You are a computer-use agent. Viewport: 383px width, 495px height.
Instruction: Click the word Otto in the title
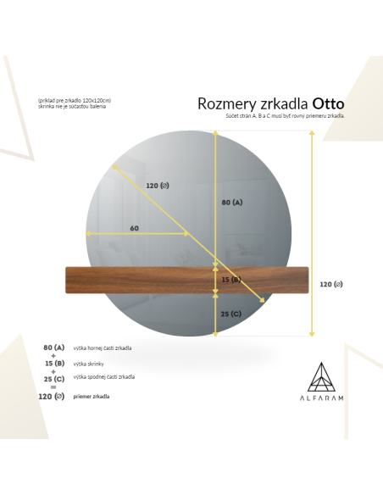(x=328, y=104)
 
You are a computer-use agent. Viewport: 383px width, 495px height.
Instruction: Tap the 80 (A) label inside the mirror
(x=231, y=203)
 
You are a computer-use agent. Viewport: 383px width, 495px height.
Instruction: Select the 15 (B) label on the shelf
(x=231, y=280)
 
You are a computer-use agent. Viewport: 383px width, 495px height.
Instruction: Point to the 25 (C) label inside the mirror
(x=231, y=314)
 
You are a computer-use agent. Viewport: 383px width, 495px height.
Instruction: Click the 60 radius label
(x=135, y=228)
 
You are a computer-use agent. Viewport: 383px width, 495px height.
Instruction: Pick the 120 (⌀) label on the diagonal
(x=158, y=186)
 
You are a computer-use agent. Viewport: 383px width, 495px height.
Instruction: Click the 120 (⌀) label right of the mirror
(x=331, y=284)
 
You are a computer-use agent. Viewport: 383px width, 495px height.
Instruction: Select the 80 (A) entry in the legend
(x=53, y=348)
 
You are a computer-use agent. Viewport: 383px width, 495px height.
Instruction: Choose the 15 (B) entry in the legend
(x=53, y=363)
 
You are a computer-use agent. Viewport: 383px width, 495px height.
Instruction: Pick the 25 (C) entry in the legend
(x=53, y=378)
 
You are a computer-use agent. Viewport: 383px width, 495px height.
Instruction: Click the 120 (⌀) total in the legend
(x=52, y=396)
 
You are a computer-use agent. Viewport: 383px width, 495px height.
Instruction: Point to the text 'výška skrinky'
(x=90, y=363)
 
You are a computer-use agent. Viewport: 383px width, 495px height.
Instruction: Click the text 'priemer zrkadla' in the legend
(x=92, y=396)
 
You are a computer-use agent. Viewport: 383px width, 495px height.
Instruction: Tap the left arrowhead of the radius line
(x=86, y=235)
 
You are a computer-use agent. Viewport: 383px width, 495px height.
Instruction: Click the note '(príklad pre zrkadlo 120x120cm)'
(x=75, y=100)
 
